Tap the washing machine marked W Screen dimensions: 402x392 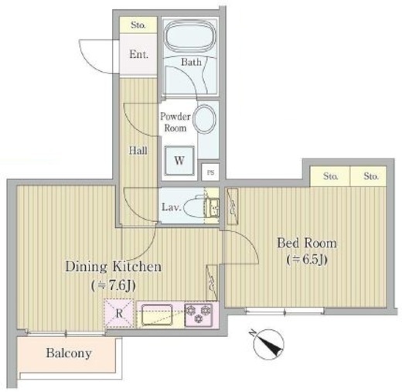click(x=179, y=160)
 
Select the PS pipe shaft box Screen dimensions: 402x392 click(x=210, y=172)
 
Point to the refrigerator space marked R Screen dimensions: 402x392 click(x=119, y=313)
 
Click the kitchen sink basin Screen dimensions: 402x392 click(x=157, y=315)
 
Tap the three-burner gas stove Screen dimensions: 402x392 click(x=198, y=315)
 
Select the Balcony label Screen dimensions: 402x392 click(x=69, y=353)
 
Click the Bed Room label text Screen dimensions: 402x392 click(x=307, y=243)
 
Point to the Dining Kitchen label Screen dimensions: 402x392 click(x=114, y=267)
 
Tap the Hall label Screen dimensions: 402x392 click(x=138, y=151)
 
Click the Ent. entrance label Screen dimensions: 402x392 click(x=138, y=54)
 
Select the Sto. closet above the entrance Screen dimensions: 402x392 click(x=138, y=25)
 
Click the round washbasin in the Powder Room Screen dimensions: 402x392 click(x=205, y=119)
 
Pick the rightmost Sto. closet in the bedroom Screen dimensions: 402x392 click(x=368, y=176)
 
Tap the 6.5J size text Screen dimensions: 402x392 click(x=307, y=260)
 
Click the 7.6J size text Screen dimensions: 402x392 click(x=114, y=285)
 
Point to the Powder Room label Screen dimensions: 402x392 click(x=175, y=122)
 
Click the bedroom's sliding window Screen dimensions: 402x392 click(x=284, y=311)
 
